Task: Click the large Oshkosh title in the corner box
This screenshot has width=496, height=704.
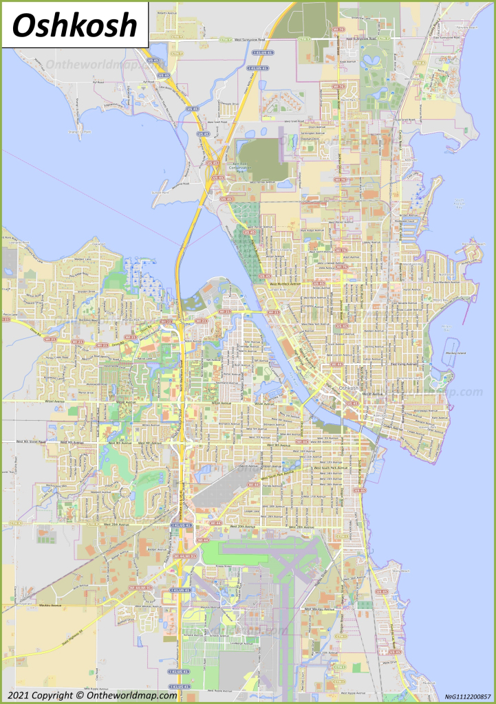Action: pyautogui.click(x=74, y=25)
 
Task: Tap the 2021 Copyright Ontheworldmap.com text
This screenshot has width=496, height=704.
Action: pyautogui.click(x=89, y=695)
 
